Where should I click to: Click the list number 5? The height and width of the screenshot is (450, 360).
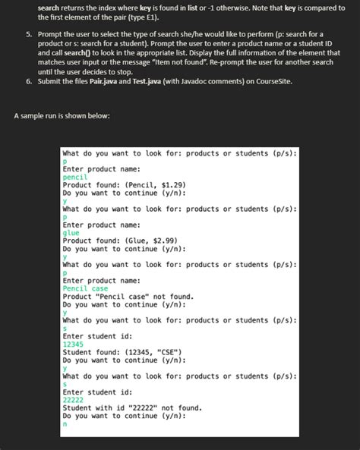[28, 34]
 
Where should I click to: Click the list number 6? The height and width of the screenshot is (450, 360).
[28, 81]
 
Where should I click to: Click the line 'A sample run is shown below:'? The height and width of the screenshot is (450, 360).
[62, 115]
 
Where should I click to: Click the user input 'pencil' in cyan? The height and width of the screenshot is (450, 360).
[75, 176]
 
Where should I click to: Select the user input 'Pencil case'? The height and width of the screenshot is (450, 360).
[85, 289]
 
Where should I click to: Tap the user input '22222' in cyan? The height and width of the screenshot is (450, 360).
[73, 400]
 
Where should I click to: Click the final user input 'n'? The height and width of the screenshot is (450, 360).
[65, 425]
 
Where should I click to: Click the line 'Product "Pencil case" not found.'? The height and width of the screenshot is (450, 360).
[128, 297]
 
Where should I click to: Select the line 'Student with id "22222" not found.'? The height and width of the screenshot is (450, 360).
[132, 408]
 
